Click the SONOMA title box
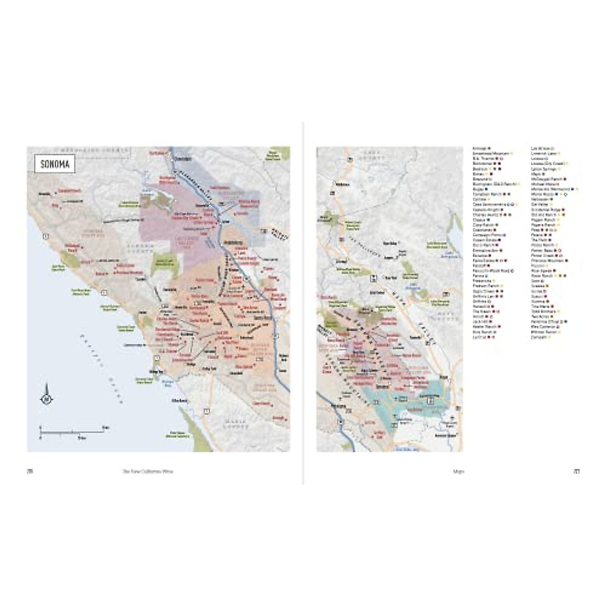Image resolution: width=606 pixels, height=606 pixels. (55, 164)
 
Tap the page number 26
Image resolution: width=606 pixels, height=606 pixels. (30, 472)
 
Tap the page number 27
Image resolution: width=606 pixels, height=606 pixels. (576, 472)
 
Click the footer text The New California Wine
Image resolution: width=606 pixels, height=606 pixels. (147, 472)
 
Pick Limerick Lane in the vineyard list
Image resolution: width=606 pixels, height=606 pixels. (543, 153)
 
